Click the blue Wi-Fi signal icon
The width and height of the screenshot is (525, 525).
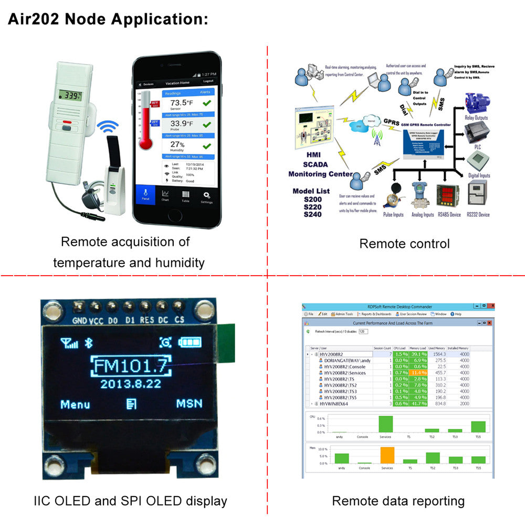(108, 127)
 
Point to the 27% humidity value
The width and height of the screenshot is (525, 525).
(177, 145)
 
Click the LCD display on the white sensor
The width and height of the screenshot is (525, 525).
(70, 95)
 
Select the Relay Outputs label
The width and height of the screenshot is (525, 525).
(477, 118)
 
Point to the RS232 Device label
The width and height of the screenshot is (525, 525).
(478, 214)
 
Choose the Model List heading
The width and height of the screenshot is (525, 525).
(311, 191)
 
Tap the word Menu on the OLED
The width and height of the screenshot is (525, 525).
(75, 404)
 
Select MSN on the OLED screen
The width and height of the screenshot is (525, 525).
(189, 404)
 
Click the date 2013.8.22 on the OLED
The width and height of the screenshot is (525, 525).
(131, 383)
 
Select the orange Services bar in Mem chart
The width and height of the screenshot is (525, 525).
(387, 455)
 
